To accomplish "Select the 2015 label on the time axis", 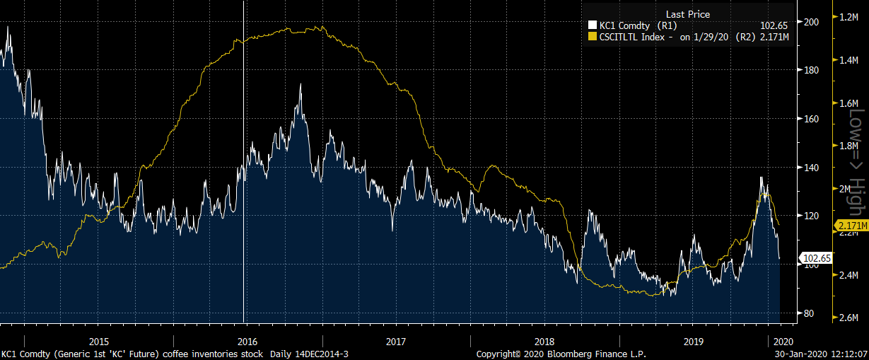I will [x=100, y=340].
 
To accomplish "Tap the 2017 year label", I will [x=396, y=340].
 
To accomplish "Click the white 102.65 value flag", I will [x=815, y=258].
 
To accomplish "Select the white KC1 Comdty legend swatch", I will [x=593, y=25].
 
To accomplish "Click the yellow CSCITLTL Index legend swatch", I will [x=593, y=36].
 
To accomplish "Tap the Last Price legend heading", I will [x=687, y=14].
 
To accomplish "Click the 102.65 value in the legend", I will [x=774, y=25].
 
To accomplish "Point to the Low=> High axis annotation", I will [x=856, y=163].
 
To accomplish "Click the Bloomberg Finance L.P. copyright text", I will [x=561, y=354].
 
